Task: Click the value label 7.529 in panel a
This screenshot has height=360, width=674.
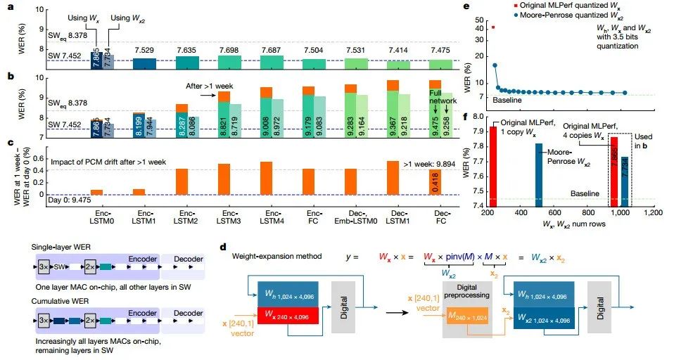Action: tap(144, 50)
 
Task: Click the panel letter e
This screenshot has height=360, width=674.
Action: tap(485, 6)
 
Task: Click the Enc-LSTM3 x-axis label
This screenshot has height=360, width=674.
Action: tap(229, 218)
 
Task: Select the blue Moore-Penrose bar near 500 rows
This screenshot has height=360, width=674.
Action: tap(539, 175)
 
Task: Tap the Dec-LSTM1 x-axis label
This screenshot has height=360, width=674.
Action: tap(400, 218)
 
